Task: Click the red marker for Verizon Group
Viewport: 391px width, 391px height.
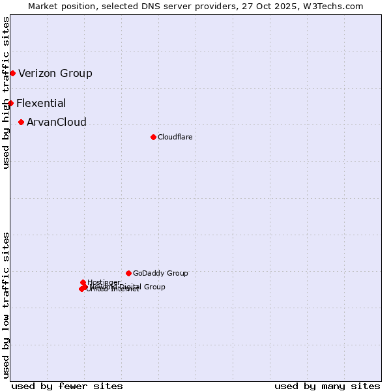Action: coord(12,73)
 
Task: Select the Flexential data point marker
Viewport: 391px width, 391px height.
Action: coord(10,103)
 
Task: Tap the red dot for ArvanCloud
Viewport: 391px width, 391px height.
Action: coord(22,122)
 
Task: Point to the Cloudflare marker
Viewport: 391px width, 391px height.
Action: coord(153,137)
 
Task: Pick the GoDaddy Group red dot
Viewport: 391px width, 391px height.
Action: coord(128,273)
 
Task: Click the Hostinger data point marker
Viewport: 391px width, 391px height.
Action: coord(83,282)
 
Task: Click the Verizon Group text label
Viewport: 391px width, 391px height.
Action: coord(55,73)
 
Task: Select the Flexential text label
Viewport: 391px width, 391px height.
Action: coord(41,103)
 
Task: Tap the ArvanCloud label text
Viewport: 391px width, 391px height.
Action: coord(57,122)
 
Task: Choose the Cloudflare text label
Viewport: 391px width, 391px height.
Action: coord(175,137)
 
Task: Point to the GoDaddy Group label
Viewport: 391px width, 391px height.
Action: coord(160,273)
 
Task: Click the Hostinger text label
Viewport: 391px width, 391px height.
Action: coord(104,282)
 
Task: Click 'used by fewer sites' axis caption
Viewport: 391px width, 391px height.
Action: coord(67,386)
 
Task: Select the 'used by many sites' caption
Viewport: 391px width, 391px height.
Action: coord(327,386)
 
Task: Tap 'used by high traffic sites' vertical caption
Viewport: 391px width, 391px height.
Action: coord(6,93)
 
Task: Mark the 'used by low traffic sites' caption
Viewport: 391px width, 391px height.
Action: coord(6,305)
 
